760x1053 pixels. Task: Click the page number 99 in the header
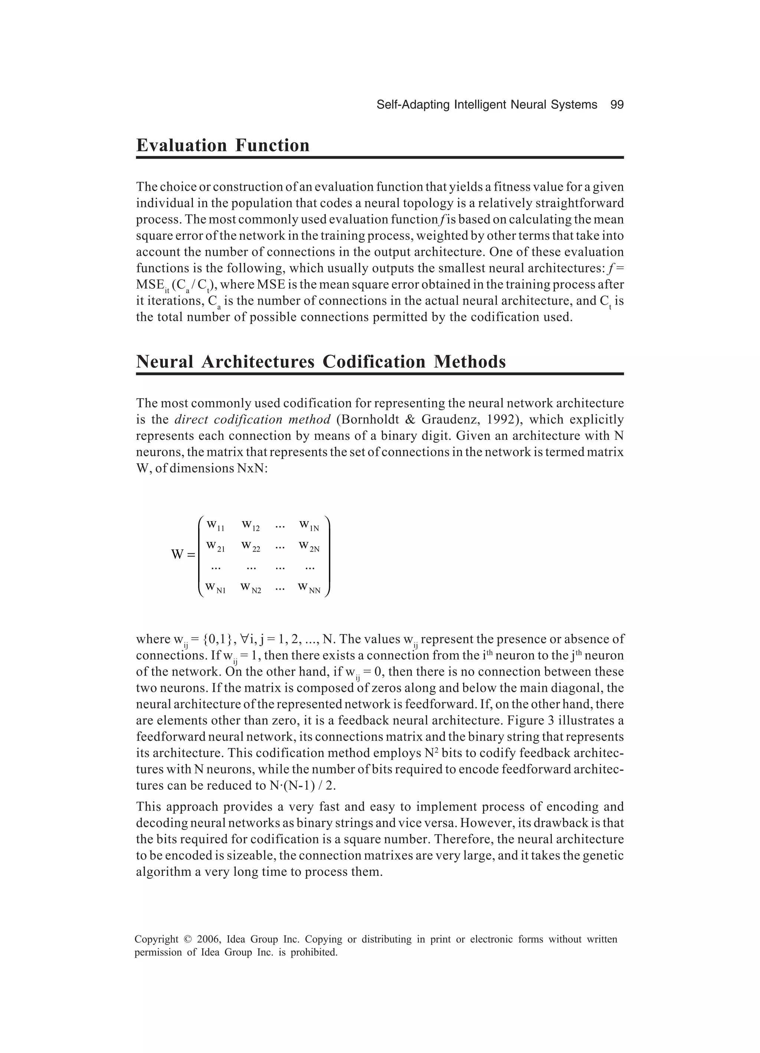tap(617, 105)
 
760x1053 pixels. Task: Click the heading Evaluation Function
tap(223, 146)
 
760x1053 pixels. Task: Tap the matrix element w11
tap(215, 526)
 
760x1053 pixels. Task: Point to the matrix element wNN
tap(309, 588)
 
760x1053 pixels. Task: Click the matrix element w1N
tap(309, 526)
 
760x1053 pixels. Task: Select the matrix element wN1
tap(215, 588)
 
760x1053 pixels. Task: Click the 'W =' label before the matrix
tap(183, 555)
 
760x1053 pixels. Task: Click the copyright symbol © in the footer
tap(187, 939)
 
